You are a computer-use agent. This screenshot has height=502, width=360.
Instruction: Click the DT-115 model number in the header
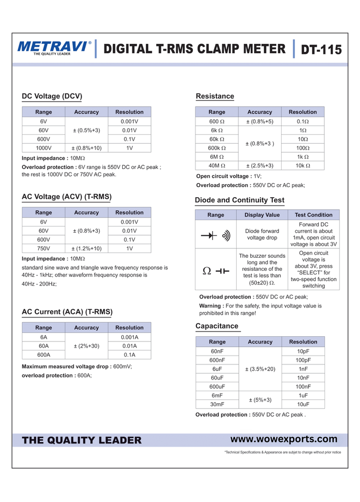pyautogui.click(x=321, y=50)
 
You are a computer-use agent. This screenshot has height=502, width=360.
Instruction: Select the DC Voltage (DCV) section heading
pyautogui.click(x=52, y=96)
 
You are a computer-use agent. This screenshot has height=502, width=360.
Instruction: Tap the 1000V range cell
pyautogui.click(x=43, y=148)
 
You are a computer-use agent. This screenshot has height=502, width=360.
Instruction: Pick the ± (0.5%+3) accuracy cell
pyautogui.click(x=86, y=130)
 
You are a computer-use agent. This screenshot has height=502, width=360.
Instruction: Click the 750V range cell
pyautogui.click(x=43, y=248)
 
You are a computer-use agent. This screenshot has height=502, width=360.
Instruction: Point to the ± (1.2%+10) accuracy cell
pyautogui.click(x=86, y=248)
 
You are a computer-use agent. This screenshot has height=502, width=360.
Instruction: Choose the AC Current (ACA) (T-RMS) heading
pyautogui.click(x=67, y=312)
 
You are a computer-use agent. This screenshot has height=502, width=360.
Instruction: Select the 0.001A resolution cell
pyautogui.click(x=129, y=337)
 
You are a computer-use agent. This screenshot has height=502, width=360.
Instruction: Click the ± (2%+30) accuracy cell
pyautogui.click(x=86, y=346)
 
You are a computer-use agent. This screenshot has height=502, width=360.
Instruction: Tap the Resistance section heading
pyautogui.click(x=215, y=96)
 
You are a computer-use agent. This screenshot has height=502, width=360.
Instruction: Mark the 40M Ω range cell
pyautogui.click(x=216, y=166)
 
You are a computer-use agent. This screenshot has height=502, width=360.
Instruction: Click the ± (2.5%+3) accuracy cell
pyautogui.click(x=260, y=166)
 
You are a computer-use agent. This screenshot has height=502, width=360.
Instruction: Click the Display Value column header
pyautogui.click(x=262, y=215)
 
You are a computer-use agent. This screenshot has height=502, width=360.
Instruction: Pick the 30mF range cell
pyautogui.click(x=217, y=404)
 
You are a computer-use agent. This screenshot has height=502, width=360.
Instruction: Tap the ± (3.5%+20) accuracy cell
pyautogui.click(x=260, y=369)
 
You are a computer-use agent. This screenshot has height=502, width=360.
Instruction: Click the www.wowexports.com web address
pyautogui.click(x=284, y=439)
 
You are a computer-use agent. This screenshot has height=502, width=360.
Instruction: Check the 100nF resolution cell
pyautogui.click(x=303, y=386)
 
